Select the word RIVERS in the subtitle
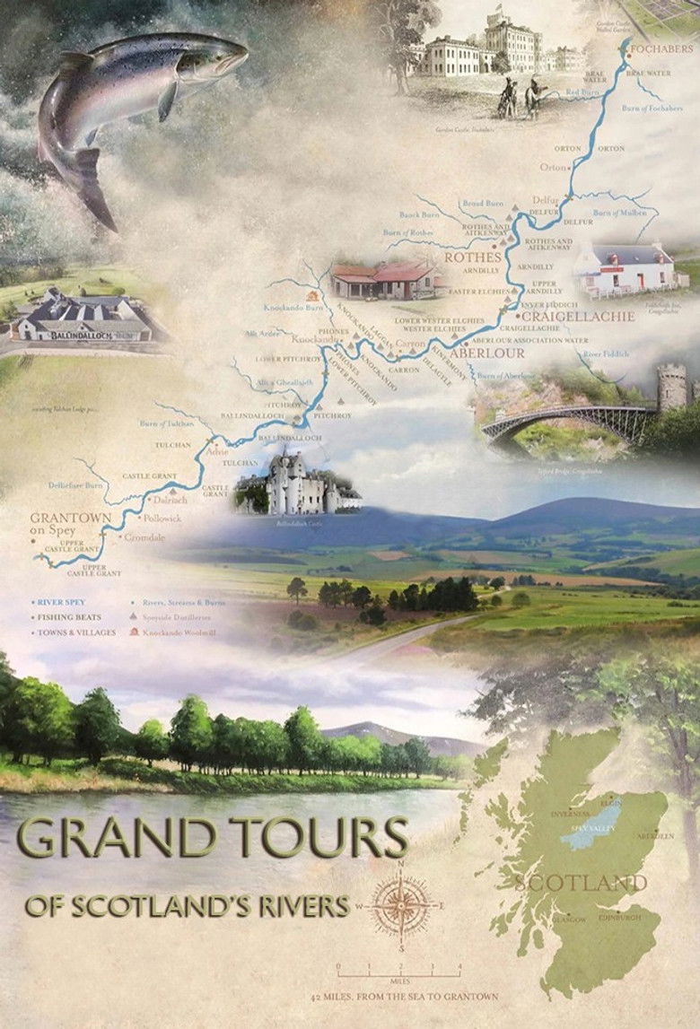[x=301, y=907]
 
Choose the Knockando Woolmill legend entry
[x=186, y=632]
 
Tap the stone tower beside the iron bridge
[x=672, y=388]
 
